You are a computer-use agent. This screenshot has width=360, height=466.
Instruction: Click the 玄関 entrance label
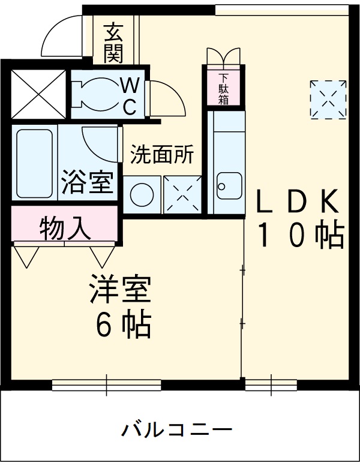click(113, 43)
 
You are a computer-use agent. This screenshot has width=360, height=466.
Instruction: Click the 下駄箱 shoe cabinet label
click(224, 89)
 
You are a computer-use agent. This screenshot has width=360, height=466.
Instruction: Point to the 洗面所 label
click(162, 155)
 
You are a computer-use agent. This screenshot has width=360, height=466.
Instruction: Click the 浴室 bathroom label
click(88, 182)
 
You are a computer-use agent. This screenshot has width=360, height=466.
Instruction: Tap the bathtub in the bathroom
click(34, 161)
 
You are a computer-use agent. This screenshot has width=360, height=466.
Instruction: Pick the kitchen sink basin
click(228, 185)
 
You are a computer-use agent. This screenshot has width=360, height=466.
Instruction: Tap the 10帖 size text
click(300, 234)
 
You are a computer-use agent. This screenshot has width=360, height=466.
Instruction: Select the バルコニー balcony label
click(177, 429)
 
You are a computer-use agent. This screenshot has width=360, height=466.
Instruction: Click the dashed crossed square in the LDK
click(328, 98)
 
